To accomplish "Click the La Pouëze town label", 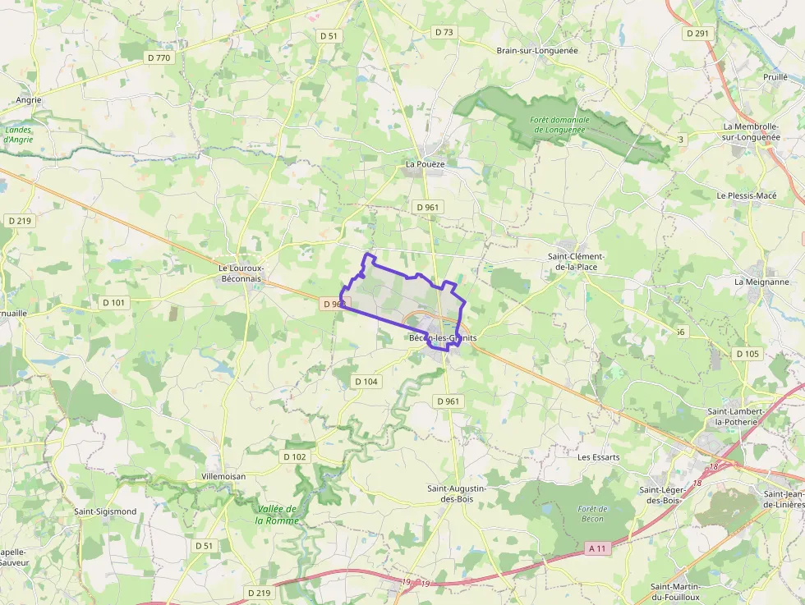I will (x=425, y=164).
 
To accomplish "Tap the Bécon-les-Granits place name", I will (x=443, y=338).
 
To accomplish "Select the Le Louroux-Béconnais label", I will (x=240, y=273).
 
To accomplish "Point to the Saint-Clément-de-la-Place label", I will (x=576, y=262).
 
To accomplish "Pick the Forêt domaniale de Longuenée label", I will (x=557, y=125).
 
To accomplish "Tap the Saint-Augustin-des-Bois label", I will (x=457, y=493).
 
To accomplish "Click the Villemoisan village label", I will (x=223, y=476).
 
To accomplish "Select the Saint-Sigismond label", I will (x=105, y=511).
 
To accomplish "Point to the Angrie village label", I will (x=29, y=100).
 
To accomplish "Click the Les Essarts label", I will (x=598, y=457).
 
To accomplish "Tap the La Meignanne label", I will (x=761, y=282).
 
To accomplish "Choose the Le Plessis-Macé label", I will (x=746, y=196).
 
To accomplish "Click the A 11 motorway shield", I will (x=599, y=548).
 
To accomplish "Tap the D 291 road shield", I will (x=697, y=34).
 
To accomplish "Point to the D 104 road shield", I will (x=366, y=382).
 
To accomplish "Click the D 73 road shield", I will (x=444, y=32).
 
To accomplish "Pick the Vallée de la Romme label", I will (x=276, y=515).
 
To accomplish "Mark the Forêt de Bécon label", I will (x=591, y=514).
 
